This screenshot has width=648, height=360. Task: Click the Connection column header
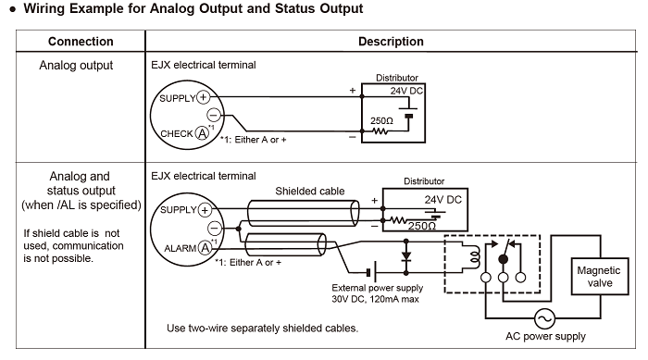point(81,42)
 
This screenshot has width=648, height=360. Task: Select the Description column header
point(391,42)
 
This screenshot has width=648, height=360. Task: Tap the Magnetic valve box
point(600,276)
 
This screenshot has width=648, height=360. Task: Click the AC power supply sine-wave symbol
point(544,318)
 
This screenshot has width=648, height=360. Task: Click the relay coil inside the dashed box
point(475,257)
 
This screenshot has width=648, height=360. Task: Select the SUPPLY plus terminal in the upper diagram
point(203,97)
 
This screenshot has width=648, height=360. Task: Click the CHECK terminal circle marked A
point(202,133)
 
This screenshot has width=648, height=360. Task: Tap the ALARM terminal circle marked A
point(205,248)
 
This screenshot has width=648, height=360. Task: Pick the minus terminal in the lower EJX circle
point(215,228)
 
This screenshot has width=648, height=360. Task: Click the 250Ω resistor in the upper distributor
point(380,131)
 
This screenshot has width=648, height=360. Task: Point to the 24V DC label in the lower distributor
point(442,200)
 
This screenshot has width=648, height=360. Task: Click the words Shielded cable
point(309,191)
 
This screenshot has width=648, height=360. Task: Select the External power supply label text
point(378,288)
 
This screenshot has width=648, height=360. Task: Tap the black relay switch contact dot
point(503,259)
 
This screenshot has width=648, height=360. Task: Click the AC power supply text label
point(545,337)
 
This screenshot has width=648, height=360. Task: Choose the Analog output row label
point(76,66)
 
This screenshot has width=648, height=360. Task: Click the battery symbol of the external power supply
point(371,272)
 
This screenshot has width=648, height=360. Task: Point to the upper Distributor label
point(397,78)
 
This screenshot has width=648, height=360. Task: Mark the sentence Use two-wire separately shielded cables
point(262,329)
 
